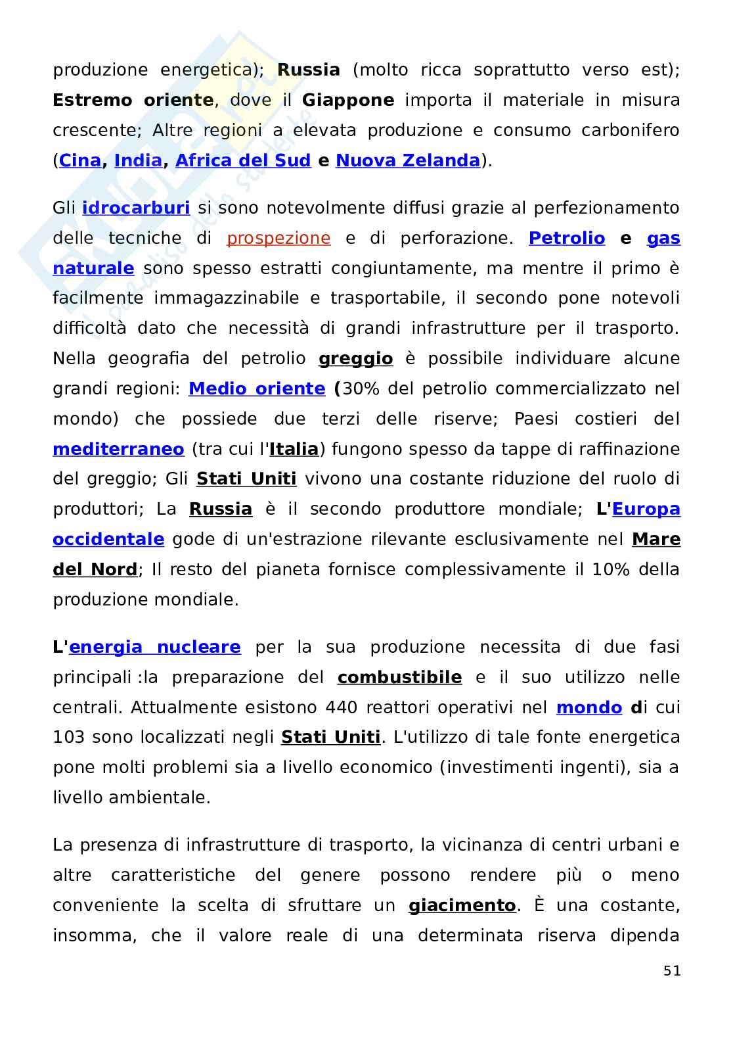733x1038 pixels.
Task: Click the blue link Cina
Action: pos(80,160)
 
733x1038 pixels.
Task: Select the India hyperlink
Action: pos(138,160)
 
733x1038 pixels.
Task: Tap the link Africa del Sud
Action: pos(243,160)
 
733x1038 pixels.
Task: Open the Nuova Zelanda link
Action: pos(408,160)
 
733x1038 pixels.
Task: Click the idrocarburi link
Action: pos(136,208)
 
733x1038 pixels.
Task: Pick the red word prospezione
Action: pos(278,238)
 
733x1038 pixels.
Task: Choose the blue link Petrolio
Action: pos(567,238)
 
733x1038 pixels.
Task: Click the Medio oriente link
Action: pos(257,389)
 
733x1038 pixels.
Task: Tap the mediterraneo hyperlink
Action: pos(118,449)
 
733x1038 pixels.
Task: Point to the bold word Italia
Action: pos(294,449)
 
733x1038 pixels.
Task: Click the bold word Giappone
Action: pos(348,100)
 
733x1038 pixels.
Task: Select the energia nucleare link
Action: pos(155,648)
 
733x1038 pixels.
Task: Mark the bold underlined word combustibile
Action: pos(399,677)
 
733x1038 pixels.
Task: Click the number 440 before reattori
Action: pos(341,707)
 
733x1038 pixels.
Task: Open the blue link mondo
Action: pos(589,707)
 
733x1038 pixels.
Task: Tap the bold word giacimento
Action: pos(462,906)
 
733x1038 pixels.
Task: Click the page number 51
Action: pos(672,971)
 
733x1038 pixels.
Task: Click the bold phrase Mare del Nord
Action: pos(655,540)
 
